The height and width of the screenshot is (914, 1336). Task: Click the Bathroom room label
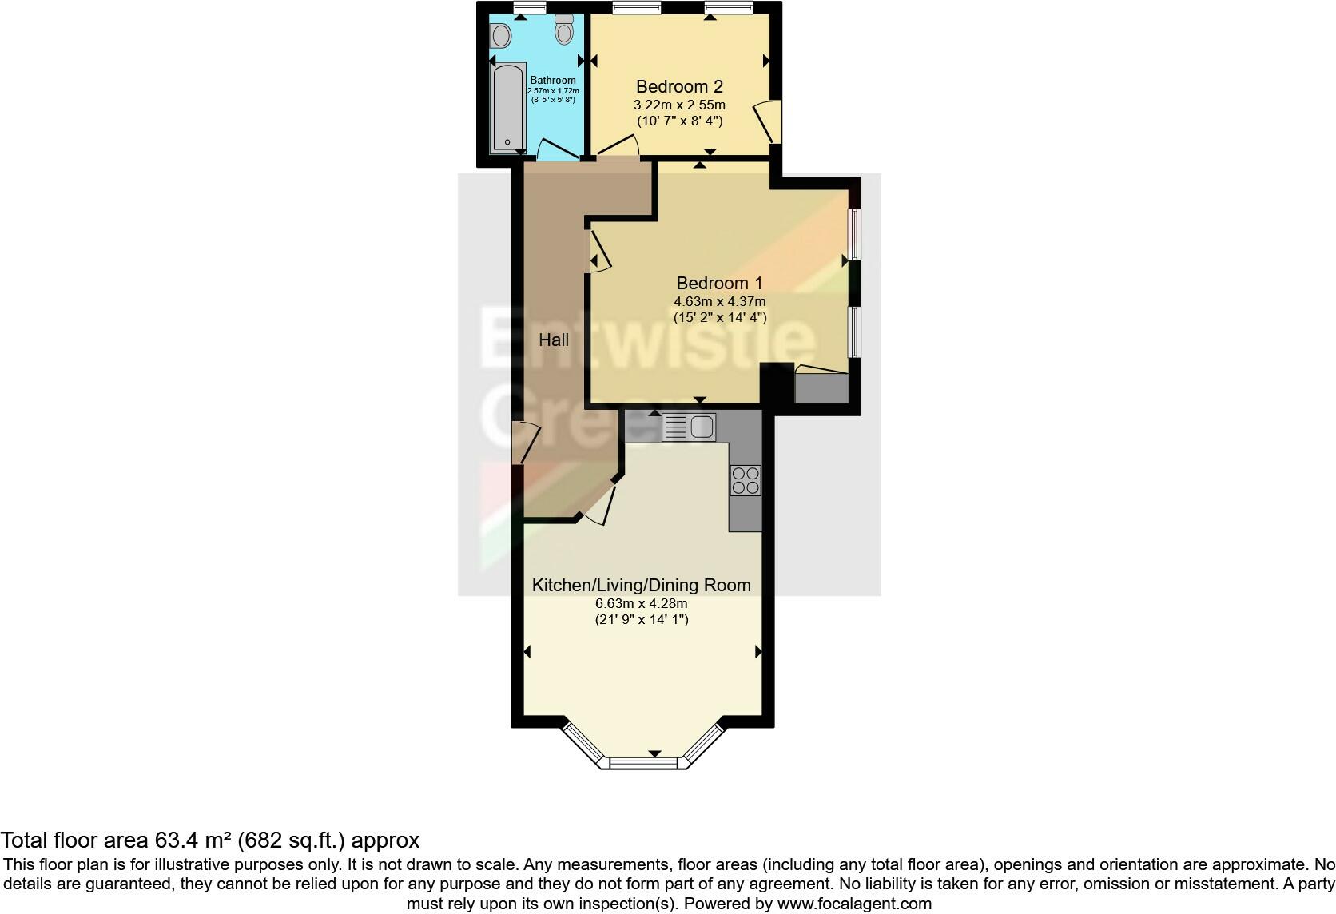(x=553, y=80)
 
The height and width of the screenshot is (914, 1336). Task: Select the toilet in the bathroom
(x=565, y=30)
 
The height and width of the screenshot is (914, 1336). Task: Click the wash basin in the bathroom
(x=501, y=34)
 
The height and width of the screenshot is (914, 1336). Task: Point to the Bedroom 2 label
(x=679, y=86)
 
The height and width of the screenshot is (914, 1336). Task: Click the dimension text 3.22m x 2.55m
(x=679, y=105)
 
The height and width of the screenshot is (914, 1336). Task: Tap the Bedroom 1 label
(x=719, y=283)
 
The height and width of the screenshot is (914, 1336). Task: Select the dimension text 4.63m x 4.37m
(x=719, y=301)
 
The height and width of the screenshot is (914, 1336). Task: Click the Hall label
(x=554, y=340)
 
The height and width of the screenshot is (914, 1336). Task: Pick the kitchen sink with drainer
(x=688, y=427)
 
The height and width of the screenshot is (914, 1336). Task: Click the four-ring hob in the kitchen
(x=746, y=480)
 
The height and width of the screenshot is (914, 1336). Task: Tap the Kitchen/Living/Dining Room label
(x=642, y=585)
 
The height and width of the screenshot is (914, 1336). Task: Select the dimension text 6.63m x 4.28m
(x=642, y=603)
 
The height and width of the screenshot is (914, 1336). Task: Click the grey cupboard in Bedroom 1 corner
(x=821, y=387)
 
